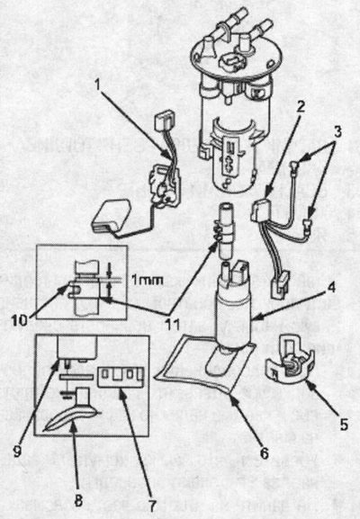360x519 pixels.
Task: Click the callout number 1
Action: point(97,85)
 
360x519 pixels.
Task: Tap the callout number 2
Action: point(301,106)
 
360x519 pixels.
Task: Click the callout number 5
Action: point(344,425)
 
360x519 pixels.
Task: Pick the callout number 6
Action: point(265,453)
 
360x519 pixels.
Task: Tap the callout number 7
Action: point(152,506)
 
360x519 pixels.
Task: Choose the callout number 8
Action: point(78,500)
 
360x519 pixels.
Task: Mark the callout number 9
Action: point(18,451)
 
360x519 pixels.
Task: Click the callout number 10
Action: point(20,320)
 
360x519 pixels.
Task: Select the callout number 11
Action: point(172,325)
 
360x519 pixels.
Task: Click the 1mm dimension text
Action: point(148,281)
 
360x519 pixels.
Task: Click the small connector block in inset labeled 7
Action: point(121,376)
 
